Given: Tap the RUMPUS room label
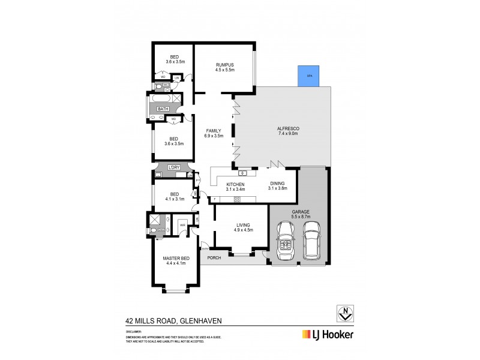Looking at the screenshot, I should click(224, 65).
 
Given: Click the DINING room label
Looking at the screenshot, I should click(278, 184).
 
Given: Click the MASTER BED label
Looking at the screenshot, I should click(176, 258).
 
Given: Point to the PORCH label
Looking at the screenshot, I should click(214, 258).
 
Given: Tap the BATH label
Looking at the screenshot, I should click(163, 109).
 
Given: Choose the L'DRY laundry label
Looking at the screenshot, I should click(174, 167).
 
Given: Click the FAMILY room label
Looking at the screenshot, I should click(214, 130).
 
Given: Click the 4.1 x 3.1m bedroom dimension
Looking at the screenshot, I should click(175, 199).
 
